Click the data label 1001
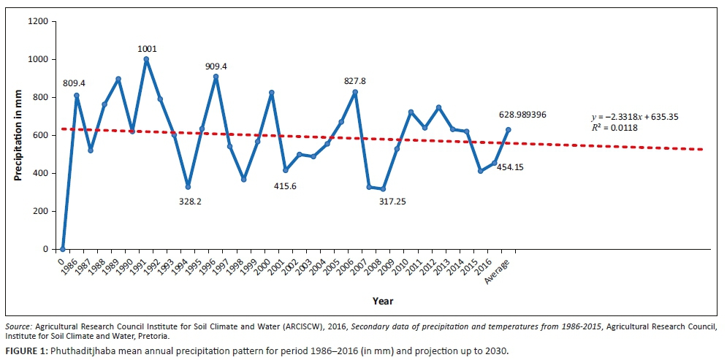[147, 49]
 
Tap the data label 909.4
[216, 66]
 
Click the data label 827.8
[354, 81]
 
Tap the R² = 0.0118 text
[611, 128]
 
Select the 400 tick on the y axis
[42, 173]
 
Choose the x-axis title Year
[382, 301]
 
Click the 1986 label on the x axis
[70, 266]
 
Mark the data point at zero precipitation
[63, 248]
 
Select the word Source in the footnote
[18, 326]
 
